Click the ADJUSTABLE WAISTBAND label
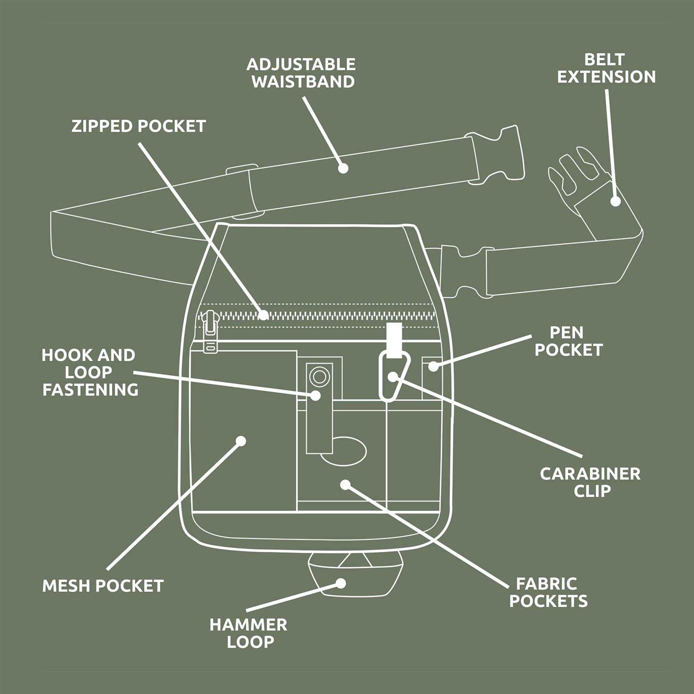tap(303, 73)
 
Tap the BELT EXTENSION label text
tap(606, 68)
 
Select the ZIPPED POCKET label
tap(138, 126)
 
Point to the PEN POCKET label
tap(569, 341)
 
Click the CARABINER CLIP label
tap(590, 482)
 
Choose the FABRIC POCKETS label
tap(548, 592)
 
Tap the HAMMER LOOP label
tap(248, 633)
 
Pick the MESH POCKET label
tap(103, 586)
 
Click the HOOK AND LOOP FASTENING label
tap(89, 372)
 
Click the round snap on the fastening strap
tap(319, 376)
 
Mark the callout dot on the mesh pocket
tap(241, 441)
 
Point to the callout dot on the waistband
tap(343, 168)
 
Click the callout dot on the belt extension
tap(615, 201)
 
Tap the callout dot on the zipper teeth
tap(264, 316)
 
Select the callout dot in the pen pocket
tap(433, 366)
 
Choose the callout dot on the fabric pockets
tap(345, 484)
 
